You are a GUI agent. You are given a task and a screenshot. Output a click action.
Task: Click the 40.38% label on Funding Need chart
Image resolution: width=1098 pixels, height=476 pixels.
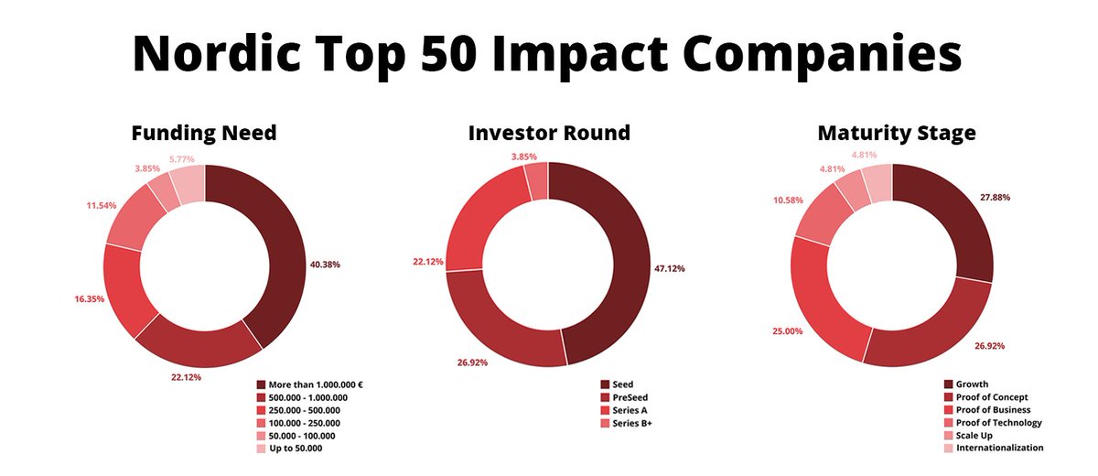coord(325,265)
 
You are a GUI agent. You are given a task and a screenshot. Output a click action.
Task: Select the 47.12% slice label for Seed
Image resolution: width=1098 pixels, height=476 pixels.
coord(669,269)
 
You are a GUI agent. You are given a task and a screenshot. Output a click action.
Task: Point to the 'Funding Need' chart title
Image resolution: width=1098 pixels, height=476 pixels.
coord(204,133)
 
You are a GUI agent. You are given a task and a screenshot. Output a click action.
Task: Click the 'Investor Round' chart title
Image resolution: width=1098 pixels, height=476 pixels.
coord(549,133)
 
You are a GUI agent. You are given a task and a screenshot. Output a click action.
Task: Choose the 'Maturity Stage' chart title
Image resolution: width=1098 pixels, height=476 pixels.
coord(897,133)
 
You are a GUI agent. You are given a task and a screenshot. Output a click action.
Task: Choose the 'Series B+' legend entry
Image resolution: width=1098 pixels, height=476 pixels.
coord(633,423)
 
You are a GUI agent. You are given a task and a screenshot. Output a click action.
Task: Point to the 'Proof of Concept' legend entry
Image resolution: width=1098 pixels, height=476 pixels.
coord(992,397)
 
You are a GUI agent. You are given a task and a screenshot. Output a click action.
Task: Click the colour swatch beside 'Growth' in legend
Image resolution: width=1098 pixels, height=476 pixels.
coord(949,384)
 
